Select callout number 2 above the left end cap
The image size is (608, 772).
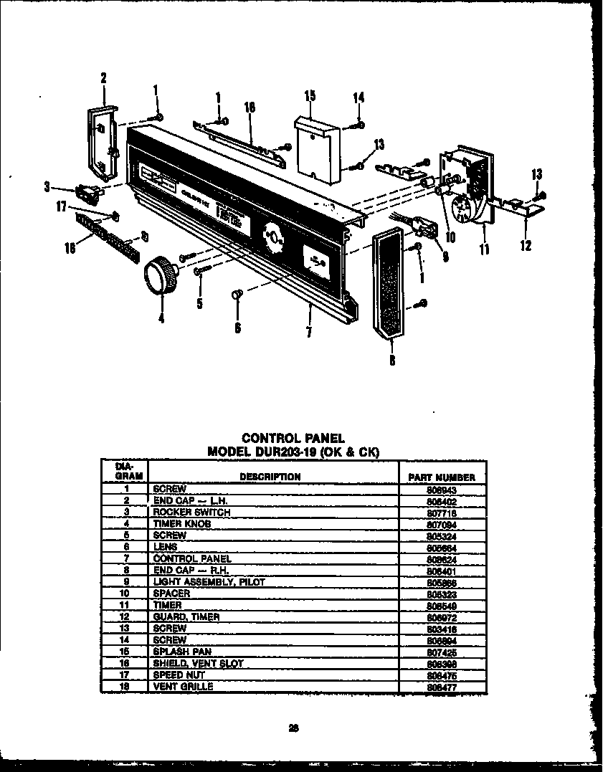tap(103, 79)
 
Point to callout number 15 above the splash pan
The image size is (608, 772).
tap(310, 96)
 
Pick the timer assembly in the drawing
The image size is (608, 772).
tap(466, 188)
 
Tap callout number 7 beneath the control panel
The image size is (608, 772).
tap(308, 332)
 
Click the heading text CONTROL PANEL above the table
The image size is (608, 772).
tap(293, 438)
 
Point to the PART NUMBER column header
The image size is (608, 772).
tap(441, 477)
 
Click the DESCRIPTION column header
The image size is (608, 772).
tap(270, 477)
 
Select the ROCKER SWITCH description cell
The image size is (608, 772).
tap(191, 513)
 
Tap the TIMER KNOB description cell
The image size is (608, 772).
tap(182, 524)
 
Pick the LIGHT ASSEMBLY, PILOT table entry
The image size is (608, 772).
tap(209, 582)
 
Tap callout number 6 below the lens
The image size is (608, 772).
tap(237, 328)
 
